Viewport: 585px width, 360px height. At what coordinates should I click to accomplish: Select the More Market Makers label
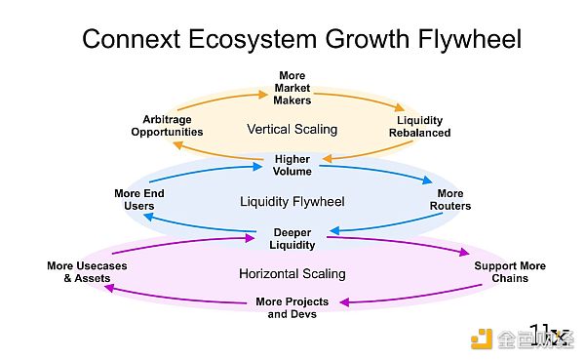[292, 88]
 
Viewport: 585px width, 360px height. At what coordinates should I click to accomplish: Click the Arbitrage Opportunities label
[166, 125]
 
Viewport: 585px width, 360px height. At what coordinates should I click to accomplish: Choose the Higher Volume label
[292, 165]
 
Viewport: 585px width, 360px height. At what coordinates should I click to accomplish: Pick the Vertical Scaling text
[292, 129]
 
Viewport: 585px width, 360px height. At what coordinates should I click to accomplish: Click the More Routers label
[450, 200]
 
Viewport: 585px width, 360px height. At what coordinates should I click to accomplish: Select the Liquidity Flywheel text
[292, 202]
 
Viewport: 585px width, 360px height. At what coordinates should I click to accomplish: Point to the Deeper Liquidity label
[292, 238]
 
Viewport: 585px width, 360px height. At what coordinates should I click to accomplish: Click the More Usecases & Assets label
[87, 272]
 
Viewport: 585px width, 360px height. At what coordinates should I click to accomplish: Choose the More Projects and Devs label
[292, 307]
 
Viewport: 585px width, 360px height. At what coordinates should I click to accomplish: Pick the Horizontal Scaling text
[292, 274]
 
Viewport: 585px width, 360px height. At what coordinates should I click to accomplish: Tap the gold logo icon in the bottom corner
[482, 338]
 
